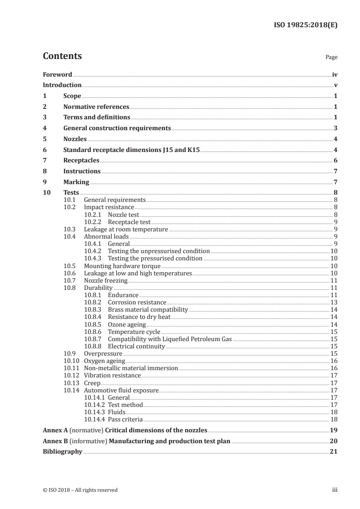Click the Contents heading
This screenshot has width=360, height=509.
point(62,57)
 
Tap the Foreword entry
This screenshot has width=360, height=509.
point(57,74)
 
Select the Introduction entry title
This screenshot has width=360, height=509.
point(62,85)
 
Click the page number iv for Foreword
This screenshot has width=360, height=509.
point(335,74)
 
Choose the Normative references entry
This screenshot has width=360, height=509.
point(96,107)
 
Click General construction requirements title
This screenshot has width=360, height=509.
point(117,128)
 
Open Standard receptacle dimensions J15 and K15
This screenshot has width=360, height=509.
point(132,150)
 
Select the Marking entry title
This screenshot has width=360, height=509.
point(76,182)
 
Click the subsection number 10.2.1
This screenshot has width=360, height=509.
point(93,215)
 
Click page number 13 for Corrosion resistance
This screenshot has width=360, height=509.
point(334,302)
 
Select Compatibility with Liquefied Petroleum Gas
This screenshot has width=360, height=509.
point(169,339)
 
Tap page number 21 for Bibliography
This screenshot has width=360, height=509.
point(334,452)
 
